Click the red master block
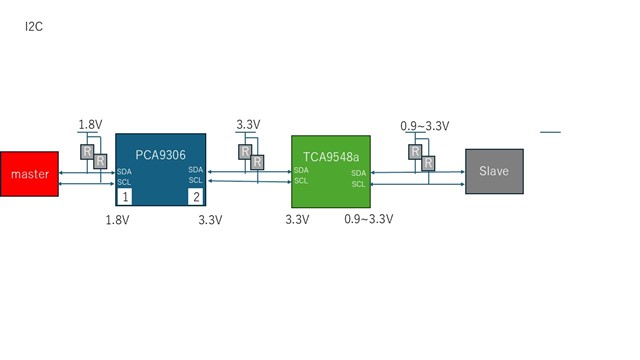coord(29,174)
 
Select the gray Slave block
coord(494,171)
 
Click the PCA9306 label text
coord(160,155)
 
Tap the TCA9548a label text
coord(331,157)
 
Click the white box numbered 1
coord(125,197)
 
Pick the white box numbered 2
coord(196,197)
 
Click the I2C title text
coord(34,27)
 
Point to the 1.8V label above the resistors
coord(90,124)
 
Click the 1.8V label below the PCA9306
coord(118,220)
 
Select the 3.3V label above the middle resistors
coord(248,124)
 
